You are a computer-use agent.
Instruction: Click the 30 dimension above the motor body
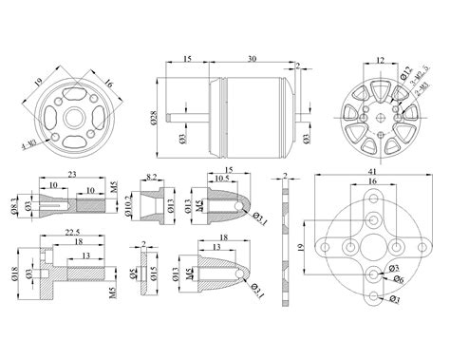point(249,59)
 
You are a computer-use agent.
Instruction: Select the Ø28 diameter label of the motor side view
point(153,120)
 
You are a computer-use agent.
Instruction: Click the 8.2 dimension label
point(153,178)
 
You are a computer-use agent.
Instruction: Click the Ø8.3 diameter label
point(12,203)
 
